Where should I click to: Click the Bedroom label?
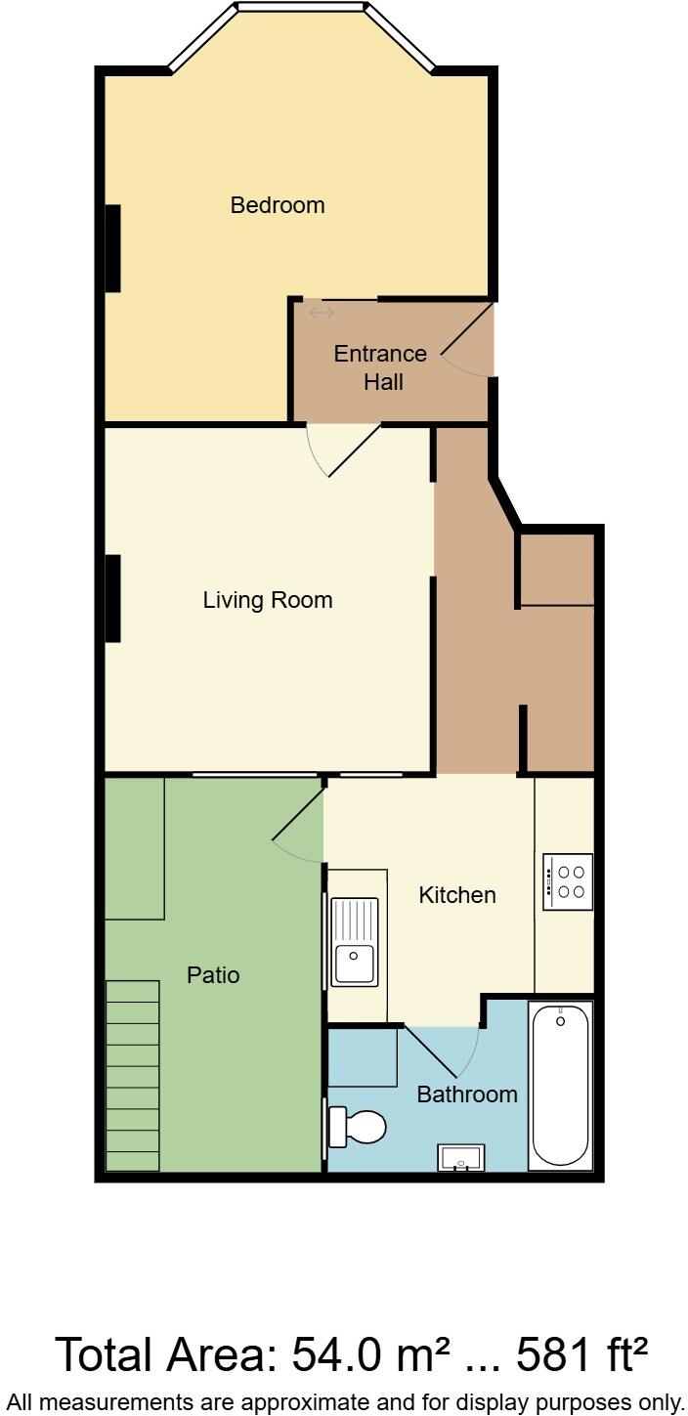[278, 205]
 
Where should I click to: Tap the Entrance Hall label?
[380, 367]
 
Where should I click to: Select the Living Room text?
[268, 600]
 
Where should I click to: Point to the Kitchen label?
[457, 895]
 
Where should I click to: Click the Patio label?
[213, 975]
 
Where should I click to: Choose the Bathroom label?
[467, 1094]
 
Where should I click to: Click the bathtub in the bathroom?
[560, 1085]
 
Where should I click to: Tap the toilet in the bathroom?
[357, 1127]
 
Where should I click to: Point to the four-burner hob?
[568, 881]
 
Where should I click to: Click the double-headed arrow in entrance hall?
[322, 313]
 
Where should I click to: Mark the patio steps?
[132, 1075]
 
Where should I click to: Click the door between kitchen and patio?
[299, 827]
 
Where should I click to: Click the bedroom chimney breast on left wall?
[112, 248]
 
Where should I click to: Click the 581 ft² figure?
[582, 1355]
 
